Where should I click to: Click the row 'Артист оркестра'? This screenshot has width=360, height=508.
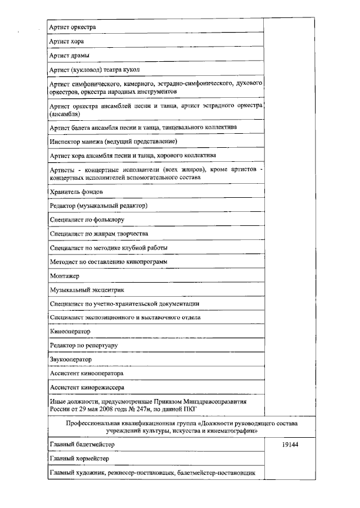point(73,26)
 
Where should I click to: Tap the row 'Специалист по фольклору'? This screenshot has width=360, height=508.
point(87,220)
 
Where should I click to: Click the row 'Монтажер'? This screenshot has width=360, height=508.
point(65,276)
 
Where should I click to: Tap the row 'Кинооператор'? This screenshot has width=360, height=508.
point(70,332)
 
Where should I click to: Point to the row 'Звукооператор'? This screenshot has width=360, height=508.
point(71,359)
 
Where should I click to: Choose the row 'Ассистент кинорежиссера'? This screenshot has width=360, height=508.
point(87,387)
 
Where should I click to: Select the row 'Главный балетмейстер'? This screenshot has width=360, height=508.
point(82,444)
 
